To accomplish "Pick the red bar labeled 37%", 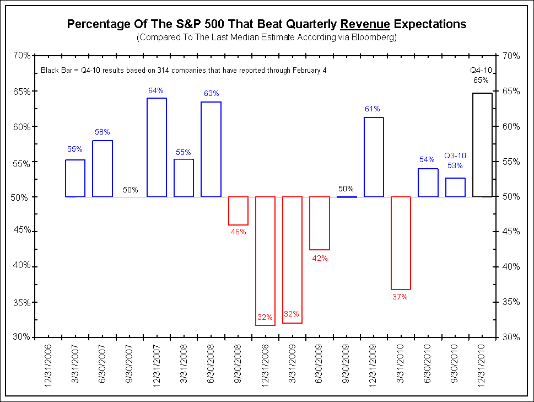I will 401,243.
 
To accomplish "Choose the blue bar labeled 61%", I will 373,157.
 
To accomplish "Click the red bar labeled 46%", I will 238,211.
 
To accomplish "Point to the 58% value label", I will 103,132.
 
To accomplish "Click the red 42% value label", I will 320,258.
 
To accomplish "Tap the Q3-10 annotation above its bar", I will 455,156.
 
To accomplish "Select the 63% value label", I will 211,93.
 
